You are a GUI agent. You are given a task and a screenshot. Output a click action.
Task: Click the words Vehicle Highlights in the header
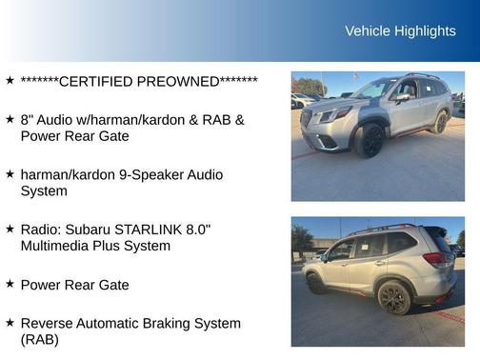(400, 31)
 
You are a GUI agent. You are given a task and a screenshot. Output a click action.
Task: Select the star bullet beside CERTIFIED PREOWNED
(10, 81)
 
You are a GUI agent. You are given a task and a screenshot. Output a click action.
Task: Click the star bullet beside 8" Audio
(10, 120)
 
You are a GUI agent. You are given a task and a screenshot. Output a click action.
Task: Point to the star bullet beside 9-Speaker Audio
(10, 174)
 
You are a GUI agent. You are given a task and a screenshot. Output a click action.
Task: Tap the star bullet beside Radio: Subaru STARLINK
(10, 230)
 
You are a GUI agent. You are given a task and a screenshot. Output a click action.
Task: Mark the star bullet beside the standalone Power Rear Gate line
(10, 284)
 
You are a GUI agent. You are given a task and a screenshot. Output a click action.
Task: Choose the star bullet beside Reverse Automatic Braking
(10, 323)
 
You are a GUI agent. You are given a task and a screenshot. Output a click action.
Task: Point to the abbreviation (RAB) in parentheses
(40, 339)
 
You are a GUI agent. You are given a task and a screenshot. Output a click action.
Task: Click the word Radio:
(41, 230)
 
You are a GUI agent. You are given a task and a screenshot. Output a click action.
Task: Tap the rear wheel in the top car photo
(440, 122)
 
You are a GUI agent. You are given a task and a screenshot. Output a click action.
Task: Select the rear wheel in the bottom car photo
(393, 297)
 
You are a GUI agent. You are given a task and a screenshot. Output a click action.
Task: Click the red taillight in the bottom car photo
(435, 258)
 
